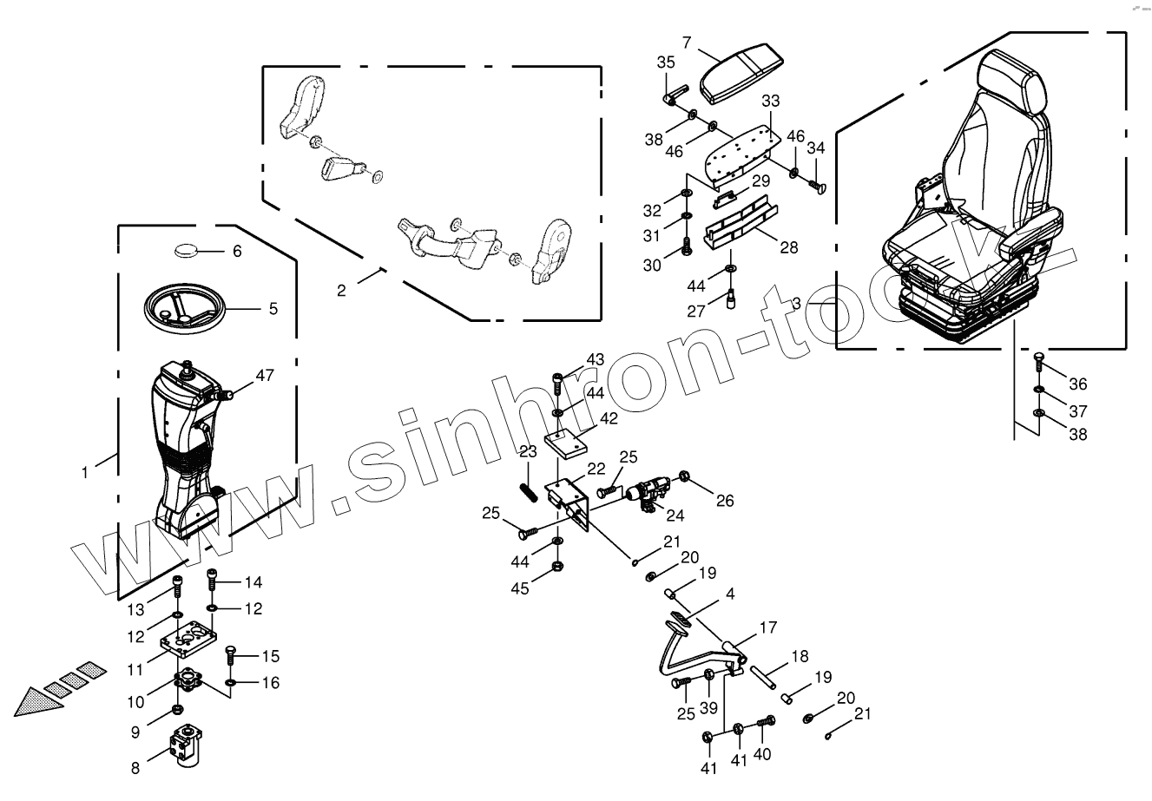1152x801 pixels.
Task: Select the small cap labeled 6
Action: [185, 252]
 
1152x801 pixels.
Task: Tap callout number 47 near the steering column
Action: [264, 376]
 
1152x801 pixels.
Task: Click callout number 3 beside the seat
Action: [796, 305]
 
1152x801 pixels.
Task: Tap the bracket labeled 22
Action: [569, 501]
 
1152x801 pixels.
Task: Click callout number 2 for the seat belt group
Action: [342, 291]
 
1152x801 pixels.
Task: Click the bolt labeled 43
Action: [557, 382]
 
